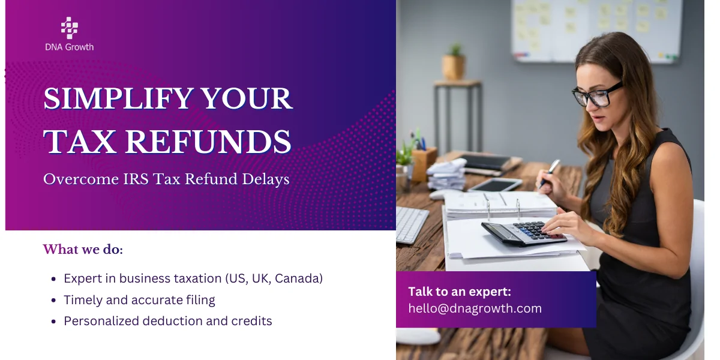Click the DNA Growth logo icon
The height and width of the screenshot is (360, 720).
[x=70, y=28]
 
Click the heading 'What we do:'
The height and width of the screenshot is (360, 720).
[x=83, y=249]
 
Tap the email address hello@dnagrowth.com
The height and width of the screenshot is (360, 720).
[x=475, y=308]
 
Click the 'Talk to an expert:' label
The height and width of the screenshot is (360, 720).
[x=460, y=292]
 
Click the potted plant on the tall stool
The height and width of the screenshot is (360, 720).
[x=454, y=63]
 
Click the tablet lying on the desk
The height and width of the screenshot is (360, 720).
[x=495, y=185]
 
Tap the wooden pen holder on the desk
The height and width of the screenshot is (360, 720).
[x=425, y=163]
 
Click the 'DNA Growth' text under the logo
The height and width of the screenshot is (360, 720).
[x=70, y=47]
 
